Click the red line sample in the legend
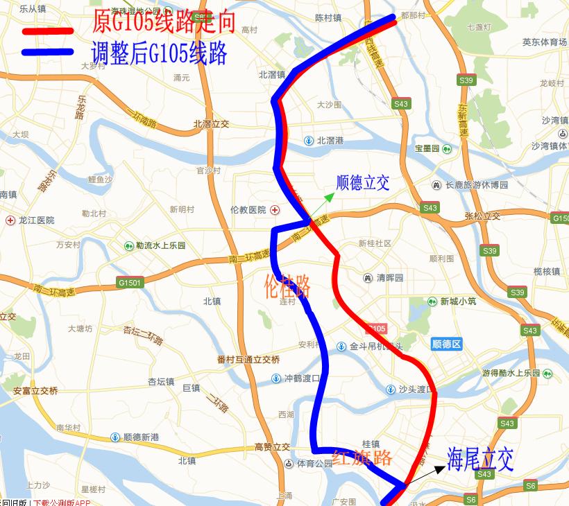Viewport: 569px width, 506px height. (x=47, y=31)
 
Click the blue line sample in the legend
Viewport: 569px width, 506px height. (x=47, y=52)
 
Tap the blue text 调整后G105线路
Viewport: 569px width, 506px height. (x=160, y=53)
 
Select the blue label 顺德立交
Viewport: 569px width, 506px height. (x=362, y=183)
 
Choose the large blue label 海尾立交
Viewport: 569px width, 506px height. (x=480, y=459)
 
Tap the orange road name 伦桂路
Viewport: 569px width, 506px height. (x=287, y=286)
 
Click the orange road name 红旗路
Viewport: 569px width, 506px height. (x=362, y=457)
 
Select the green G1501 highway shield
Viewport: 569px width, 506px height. (x=129, y=283)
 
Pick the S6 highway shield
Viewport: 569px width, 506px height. (x=471, y=499)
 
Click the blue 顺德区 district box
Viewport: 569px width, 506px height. (x=446, y=344)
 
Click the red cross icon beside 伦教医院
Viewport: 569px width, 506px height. (x=275, y=209)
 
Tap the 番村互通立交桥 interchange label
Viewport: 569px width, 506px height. (x=248, y=359)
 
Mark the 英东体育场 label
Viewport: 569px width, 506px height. (x=545, y=42)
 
